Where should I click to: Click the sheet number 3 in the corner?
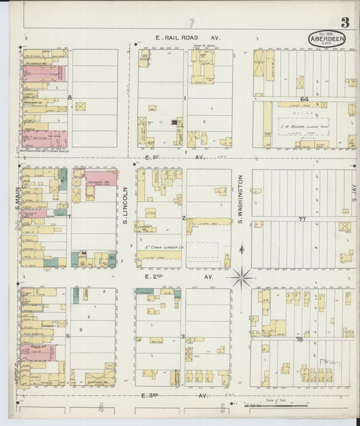coord(344,23)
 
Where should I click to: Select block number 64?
coord(305,99)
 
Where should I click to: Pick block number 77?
coord(302,219)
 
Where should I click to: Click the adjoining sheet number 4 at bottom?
coord(100,407)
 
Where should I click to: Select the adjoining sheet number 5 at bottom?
coord(222,407)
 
